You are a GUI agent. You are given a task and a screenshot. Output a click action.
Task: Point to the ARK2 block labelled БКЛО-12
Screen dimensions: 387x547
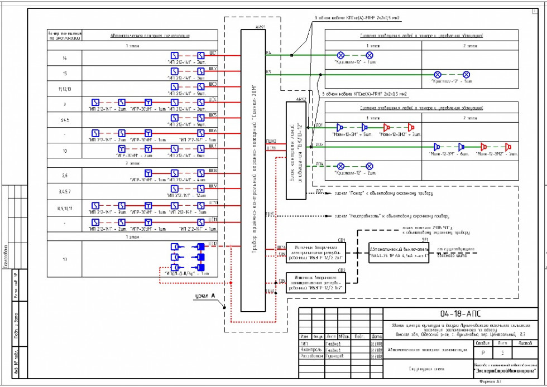pos(296,151)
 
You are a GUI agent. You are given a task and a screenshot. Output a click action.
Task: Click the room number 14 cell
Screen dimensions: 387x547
pos(65,58)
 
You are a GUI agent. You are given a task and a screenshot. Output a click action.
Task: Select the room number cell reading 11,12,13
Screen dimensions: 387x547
pos(65,89)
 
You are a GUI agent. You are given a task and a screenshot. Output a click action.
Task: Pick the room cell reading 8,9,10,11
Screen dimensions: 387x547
pos(65,208)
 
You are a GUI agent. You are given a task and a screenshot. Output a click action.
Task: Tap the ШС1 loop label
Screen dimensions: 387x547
pos(213,52)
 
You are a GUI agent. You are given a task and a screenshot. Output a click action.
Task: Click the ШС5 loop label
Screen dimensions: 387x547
pos(213,114)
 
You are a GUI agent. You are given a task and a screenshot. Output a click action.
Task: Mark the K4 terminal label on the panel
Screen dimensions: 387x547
pos(268,52)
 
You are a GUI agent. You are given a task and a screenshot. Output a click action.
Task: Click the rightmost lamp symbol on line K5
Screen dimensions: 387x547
pos(467,74)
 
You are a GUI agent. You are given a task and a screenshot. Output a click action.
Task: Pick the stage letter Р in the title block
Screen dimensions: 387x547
pos(483,353)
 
